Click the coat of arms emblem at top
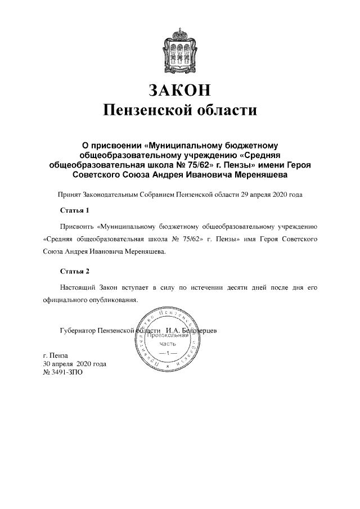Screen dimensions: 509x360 (179, 47)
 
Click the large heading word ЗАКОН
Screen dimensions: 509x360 (179, 89)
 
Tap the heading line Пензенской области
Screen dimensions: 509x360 (179, 109)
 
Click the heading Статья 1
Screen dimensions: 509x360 (75, 210)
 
